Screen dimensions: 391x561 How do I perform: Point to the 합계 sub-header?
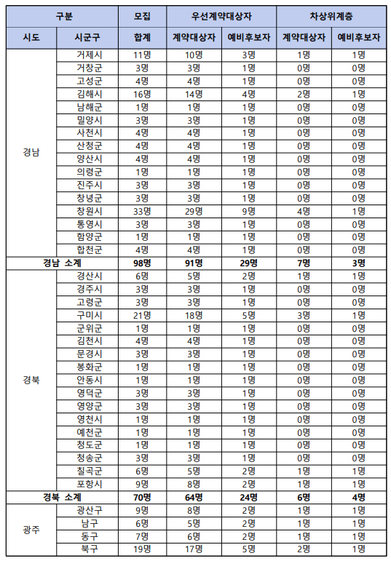click(143, 37)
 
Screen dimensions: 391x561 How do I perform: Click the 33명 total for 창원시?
click(143, 211)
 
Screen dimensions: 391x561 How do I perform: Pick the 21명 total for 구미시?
click(143, 315)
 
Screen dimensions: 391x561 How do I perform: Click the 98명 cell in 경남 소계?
click(143, 263)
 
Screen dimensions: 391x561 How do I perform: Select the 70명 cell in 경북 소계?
click(143, 497)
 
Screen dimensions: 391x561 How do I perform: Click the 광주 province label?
click(31, 530)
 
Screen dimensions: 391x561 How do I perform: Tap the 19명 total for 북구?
click(143, 549)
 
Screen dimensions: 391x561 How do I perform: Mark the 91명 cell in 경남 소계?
click(194, 263)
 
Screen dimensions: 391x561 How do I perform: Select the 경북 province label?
click(31, 380)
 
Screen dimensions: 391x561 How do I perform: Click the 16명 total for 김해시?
click(143, 94)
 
